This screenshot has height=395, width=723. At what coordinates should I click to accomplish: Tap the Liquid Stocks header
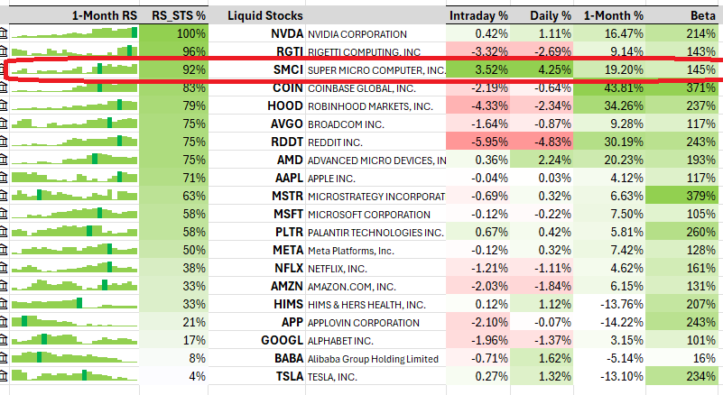[265, 15]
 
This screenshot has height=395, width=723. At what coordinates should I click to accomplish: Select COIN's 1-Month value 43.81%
[620, 87]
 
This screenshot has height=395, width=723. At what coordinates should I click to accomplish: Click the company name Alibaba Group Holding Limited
[373, 358]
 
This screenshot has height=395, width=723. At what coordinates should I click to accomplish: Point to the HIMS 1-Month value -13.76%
[618, 304]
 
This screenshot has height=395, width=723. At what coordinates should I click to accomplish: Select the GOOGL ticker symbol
[283, 340]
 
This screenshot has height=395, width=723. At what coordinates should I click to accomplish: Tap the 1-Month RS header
[104, 15]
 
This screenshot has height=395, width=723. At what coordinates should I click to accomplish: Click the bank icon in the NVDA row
[5, 33]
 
